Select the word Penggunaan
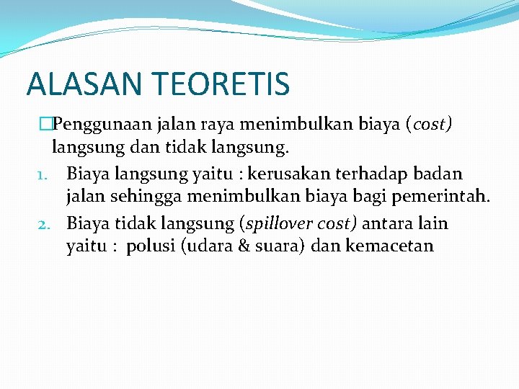click(101, 125)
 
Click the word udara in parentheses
click(208, 247)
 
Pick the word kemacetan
click(389, 247)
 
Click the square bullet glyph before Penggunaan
click(46, 125)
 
